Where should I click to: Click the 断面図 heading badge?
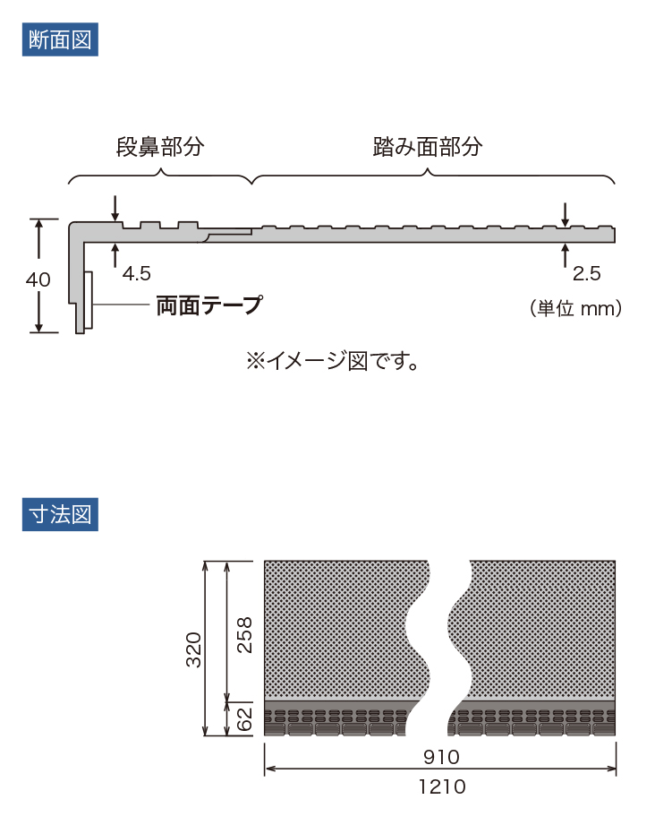click(x=60, y=40)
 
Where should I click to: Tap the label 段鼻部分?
click(x=160, y=147)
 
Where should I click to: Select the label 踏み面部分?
click(x=428, y=147)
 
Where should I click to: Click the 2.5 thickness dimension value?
click(x=586, y=272)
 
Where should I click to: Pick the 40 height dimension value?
click(x=38, y=279)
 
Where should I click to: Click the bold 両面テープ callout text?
click(x=208, y=305)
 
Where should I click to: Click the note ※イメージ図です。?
click(x=333, y=361)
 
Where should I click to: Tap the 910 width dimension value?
click(x=440, y=757)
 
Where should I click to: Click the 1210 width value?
click(x=440, y=787)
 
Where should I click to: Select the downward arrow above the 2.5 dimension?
click(x=565, y=214)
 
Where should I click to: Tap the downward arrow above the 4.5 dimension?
click(x=115, y=208)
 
